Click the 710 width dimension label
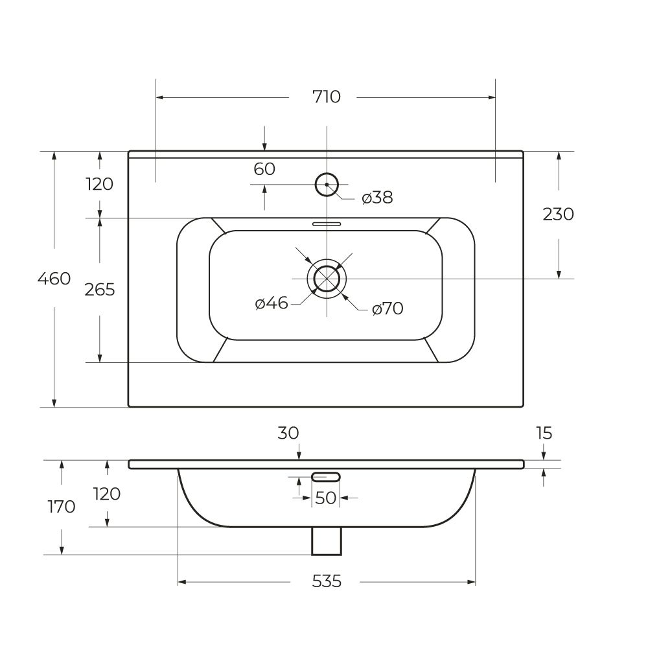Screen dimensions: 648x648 coord(326,97)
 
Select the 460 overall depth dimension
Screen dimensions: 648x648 coord(54,279)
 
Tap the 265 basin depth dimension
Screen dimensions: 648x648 coord(100,290)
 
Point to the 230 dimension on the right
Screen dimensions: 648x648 coord(559,214)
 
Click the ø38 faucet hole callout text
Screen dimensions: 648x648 coord(378,198)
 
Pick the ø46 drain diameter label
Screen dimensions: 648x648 coord(272,303)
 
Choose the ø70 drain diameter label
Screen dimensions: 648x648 coord(388,309)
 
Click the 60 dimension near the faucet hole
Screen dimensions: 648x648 coord(264,169)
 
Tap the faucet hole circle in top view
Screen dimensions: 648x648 coord(327,185)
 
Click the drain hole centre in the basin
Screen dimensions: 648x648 coord(327,278)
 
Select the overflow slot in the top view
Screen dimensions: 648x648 coord(327,224)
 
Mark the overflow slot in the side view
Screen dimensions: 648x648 coord(326,477)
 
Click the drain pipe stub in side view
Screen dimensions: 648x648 coord(327,540)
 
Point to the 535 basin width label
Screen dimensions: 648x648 coord(327,581)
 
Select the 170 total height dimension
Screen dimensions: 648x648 coord(62,507)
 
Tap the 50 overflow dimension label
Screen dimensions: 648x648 coord(326,498)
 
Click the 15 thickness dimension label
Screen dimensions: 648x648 coord(544,433)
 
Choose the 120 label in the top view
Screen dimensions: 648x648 coord(100,184)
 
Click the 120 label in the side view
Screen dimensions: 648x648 coord(107,494)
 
